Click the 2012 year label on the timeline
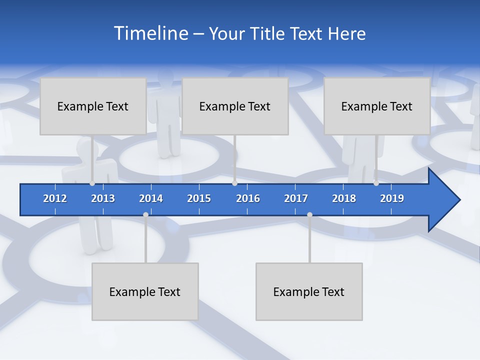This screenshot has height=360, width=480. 55,198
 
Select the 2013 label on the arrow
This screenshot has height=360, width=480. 103,198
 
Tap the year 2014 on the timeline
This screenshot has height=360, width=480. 151,198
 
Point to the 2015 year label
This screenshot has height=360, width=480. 199,198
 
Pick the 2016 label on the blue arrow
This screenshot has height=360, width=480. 248,198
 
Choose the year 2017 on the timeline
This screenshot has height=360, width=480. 296,198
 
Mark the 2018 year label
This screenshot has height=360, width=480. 344,198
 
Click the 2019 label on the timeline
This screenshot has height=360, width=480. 392,198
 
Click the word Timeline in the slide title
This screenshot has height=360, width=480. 151,33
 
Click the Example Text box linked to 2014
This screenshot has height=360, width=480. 145,291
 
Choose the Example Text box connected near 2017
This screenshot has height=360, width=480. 309,291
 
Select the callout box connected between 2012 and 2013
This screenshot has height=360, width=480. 93,106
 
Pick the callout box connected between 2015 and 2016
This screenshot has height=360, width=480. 235,106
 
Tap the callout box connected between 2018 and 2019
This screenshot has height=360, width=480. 377,106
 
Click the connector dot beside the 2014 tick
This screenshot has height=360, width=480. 145,214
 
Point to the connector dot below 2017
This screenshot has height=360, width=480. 309,214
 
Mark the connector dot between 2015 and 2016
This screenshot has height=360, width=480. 235,183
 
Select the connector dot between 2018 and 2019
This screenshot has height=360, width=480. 376,183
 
